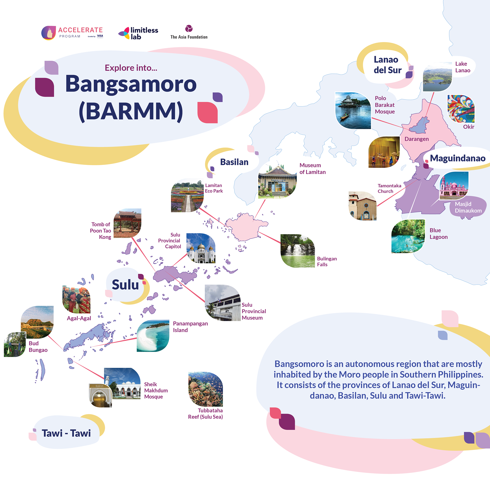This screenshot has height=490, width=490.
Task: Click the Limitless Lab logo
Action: [x=138, y=33]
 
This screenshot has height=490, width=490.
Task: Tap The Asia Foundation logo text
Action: [x=189, y=37]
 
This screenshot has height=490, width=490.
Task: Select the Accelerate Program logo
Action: [x=72, y=33]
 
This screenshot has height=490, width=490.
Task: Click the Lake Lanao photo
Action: [x=437, y=77]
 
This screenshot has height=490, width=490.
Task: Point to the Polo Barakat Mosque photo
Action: [x=353, y=111]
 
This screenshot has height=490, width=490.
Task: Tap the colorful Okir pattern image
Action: [x=461, y=109]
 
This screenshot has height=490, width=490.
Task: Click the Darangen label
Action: [x=416, y=139]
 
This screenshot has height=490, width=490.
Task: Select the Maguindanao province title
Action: [x=458, y=158]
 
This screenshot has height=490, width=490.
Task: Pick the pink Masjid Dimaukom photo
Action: [x=454, y=186]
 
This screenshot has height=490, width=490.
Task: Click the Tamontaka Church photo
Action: [x=362, y=206]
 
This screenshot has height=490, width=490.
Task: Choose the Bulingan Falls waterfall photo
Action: [x=298, y=251]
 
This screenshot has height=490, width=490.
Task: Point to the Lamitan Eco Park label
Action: [x=214, y=188]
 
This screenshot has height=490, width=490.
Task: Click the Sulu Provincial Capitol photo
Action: [x=201, y=248]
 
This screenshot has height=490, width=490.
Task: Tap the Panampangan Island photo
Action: [x=153, y=336]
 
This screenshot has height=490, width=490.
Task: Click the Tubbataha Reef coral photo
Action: [x=205, y=389]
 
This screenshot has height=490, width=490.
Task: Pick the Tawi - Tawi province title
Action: [x=66, y=433]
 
